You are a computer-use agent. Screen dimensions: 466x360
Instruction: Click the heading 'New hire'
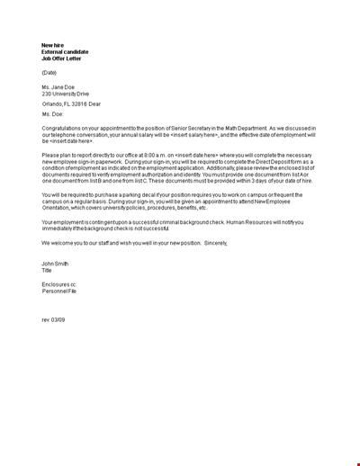click(53, 45)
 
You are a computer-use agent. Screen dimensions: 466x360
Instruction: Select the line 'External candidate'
click(65, 52)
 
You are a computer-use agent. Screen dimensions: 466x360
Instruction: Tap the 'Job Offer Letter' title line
click(61, 58)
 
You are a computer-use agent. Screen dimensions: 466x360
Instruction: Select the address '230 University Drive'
click(66, 94)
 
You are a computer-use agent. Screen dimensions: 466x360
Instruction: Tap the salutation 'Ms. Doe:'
click(53, 115)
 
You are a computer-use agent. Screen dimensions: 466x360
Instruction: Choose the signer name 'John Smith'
click(56, 264)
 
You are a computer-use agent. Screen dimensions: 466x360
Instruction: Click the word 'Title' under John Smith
click(47, 270)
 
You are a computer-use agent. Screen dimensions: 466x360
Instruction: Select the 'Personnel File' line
click(58, 291)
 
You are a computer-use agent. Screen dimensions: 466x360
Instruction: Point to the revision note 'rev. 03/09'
click(54, 319)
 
